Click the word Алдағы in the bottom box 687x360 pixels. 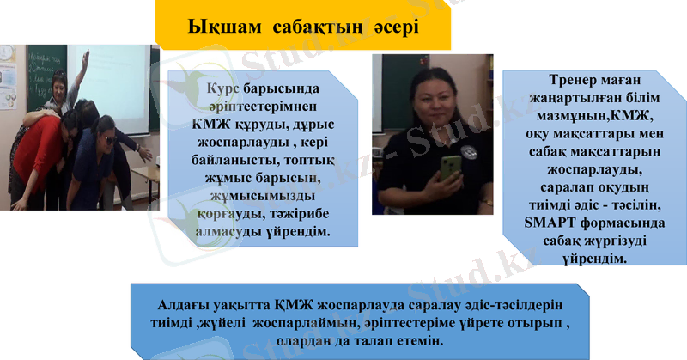tap(182, 305)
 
